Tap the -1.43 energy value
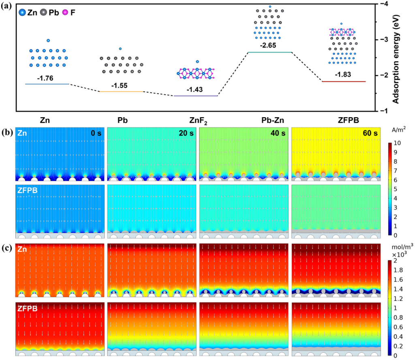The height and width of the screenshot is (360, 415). tap(195, 89)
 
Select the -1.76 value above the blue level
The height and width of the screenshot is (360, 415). tap(46, 78)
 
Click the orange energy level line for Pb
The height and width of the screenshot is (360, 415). tap(121, 92)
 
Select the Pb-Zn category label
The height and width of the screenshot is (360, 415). tap(269, 120)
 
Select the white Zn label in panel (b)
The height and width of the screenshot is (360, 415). tap(23, 133)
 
